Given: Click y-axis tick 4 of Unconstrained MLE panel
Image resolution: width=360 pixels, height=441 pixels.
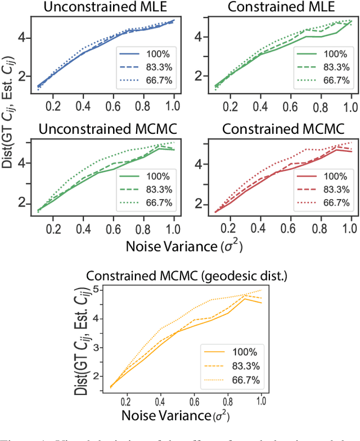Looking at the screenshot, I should click(x=27, y=38).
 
